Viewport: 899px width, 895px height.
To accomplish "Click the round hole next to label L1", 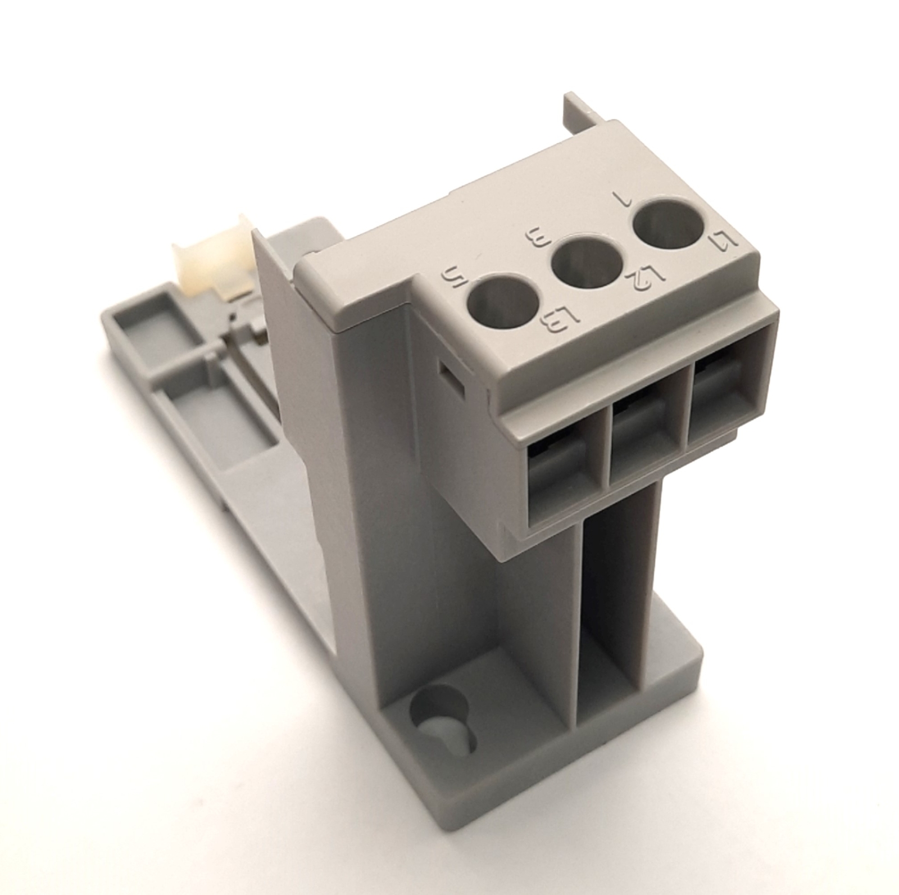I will (x=669, y=224).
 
